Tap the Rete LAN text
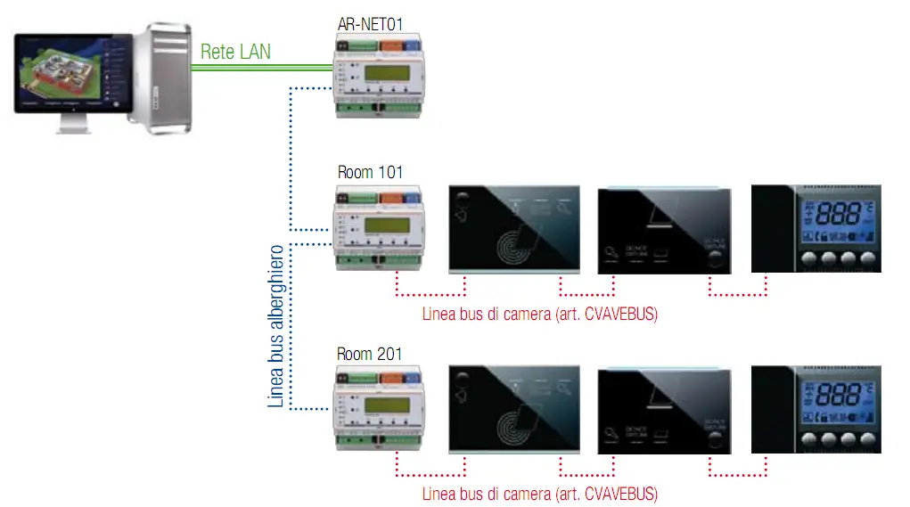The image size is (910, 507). point(235,51)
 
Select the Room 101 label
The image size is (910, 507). point(369,172)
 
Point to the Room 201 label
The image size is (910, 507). point(369,354)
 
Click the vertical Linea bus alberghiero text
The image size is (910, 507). point(277,326)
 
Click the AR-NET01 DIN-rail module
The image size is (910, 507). point(378,75)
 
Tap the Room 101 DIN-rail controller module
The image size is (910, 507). point(378,229)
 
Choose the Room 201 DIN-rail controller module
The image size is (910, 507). point(378,406)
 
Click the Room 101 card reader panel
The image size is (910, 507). point(513,229)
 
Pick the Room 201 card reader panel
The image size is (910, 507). point(513,409)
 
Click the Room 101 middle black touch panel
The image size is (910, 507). point(664,230)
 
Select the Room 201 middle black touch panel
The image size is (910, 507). point(664,409)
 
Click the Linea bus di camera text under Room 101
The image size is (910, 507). point(539,315)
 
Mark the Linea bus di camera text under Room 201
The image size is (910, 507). point(539,494)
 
